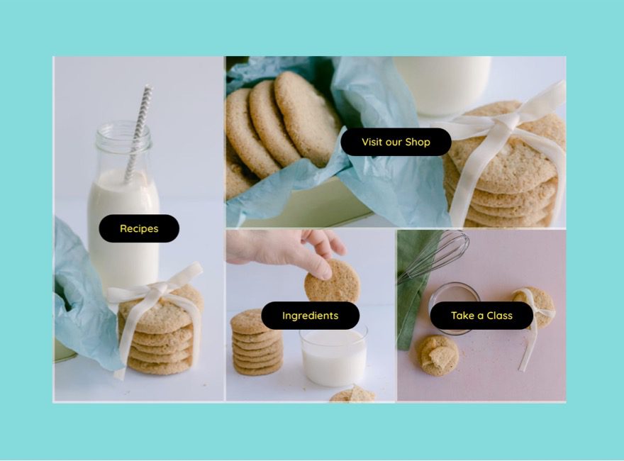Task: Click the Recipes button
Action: coord(139,228)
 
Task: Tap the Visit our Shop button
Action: coord(396,142)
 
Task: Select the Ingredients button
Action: coord(310,316)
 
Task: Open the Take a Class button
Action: coord(481,316)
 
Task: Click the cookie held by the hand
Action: coord(332,282)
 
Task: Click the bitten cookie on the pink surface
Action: coord(437,354)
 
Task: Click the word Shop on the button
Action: coord(418,142)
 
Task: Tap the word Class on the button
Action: coord(499,316)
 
